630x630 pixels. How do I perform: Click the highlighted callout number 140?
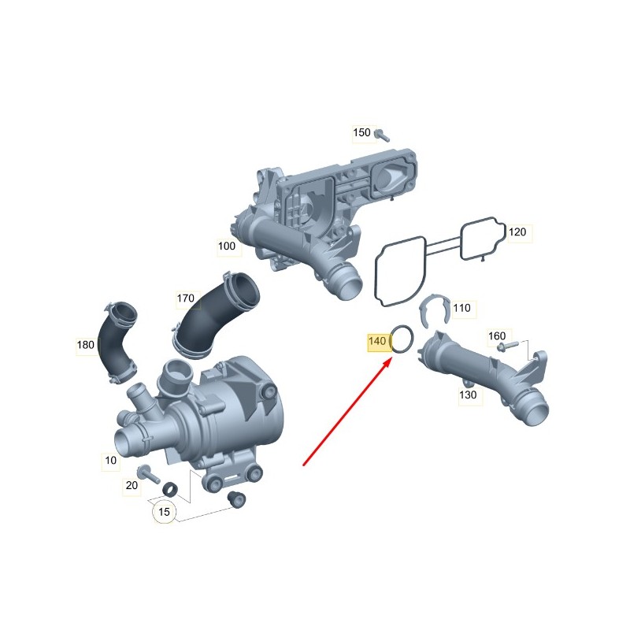pyautogui.click(x=377, y=341)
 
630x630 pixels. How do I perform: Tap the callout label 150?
pyautogui.click(x=361, y=132)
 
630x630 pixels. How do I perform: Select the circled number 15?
pyautogui.click(x=164, y=512)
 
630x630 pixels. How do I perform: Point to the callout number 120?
pyautogui.click(x=517, y=232)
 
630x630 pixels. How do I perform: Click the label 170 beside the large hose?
pyautogui.click(x=186, y=298)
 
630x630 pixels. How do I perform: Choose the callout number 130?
pyautogui.click(x=468, y=395)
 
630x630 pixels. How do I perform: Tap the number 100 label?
pyautogui.click(x=227, y=246)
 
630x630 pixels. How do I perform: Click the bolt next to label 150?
pyautogui.click(x=382, y=135)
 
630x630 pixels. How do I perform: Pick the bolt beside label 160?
pyautogui.click(x=507, y=346)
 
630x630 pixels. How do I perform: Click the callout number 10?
pyautogui.click(x=110, y=460)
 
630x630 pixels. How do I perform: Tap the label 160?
pyautogui.click(x=497, y=335)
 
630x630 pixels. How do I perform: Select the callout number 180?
pyautogui.click(x=86, y=345)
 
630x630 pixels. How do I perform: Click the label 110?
pyautogui.click(x=461, y=308)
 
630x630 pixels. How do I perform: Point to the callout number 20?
pyautogui.click(x=132, y=485)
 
